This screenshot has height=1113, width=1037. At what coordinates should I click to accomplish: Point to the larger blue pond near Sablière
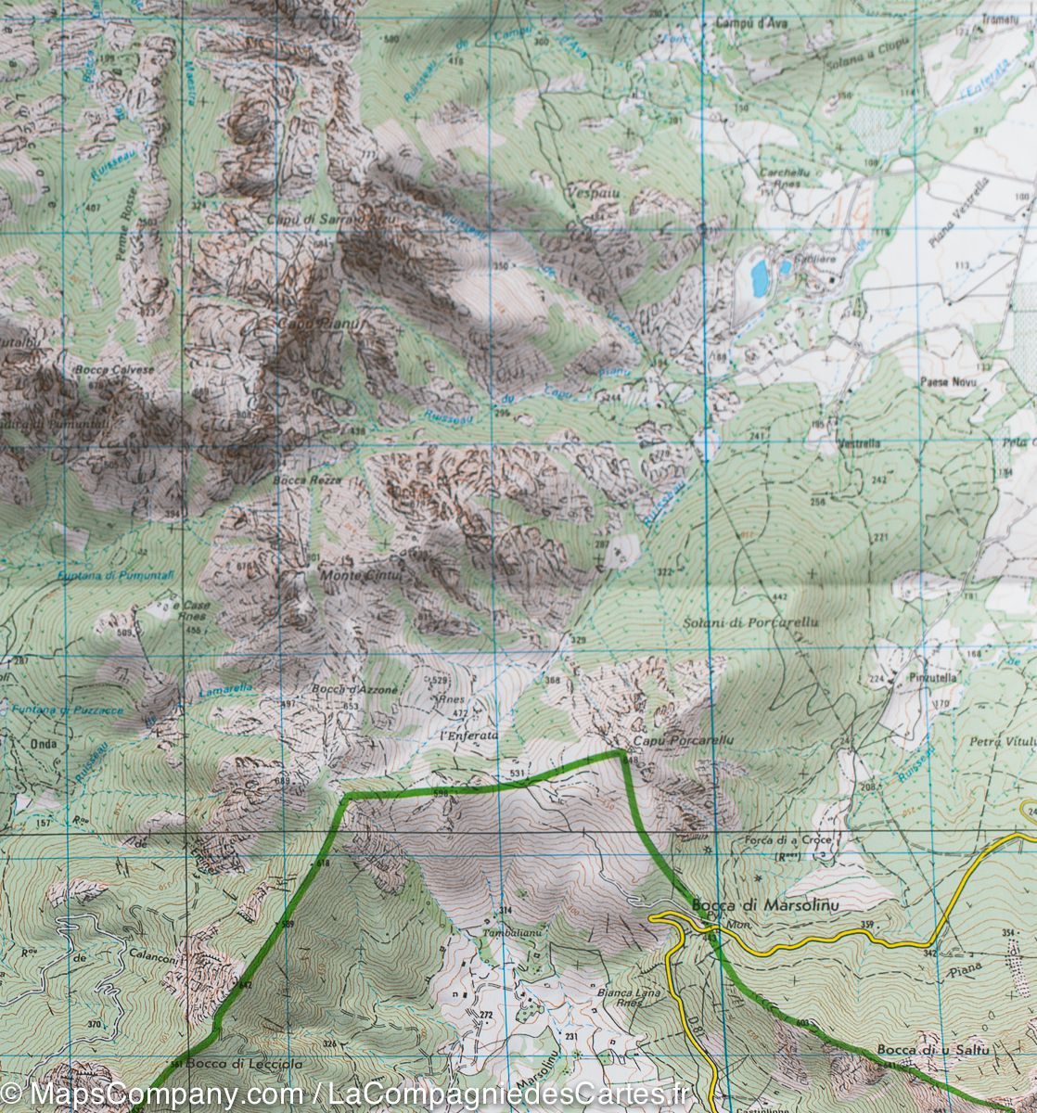coord(760,276)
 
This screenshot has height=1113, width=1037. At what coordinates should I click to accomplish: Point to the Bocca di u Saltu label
coord(921,1050)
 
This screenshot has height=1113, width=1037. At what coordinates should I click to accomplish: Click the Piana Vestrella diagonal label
coord(955,212)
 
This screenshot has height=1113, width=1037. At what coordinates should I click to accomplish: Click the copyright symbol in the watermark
coord(13,1094)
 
